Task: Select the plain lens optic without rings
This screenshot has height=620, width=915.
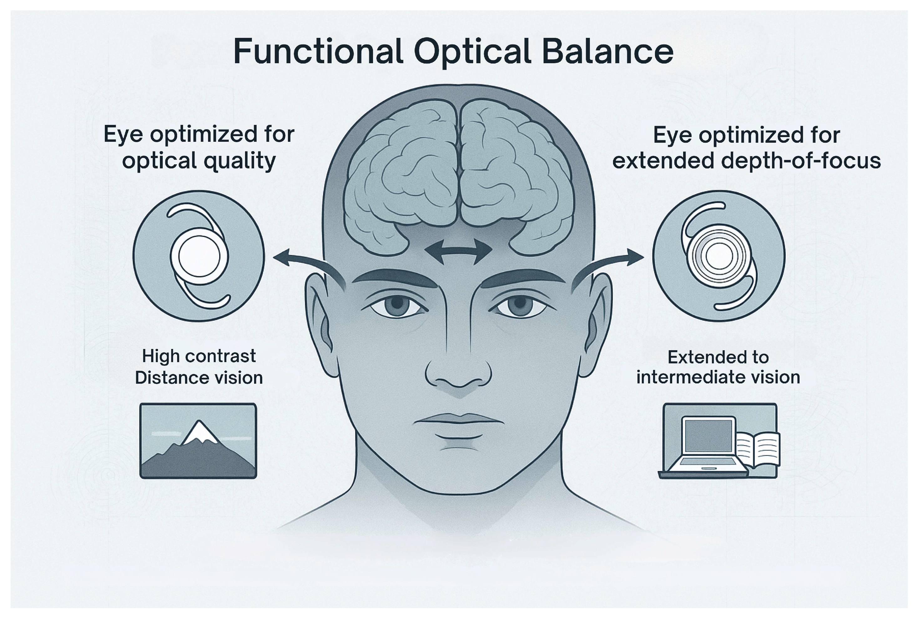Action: [199, 256]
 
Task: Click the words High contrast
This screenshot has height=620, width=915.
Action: [199, 356]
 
